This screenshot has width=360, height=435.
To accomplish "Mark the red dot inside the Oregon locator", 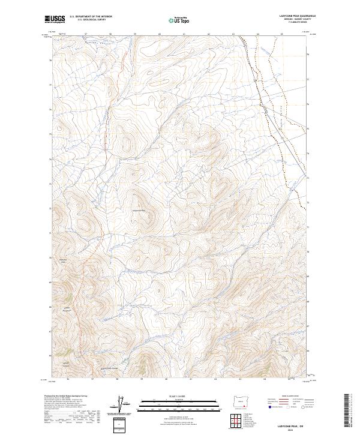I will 243,401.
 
